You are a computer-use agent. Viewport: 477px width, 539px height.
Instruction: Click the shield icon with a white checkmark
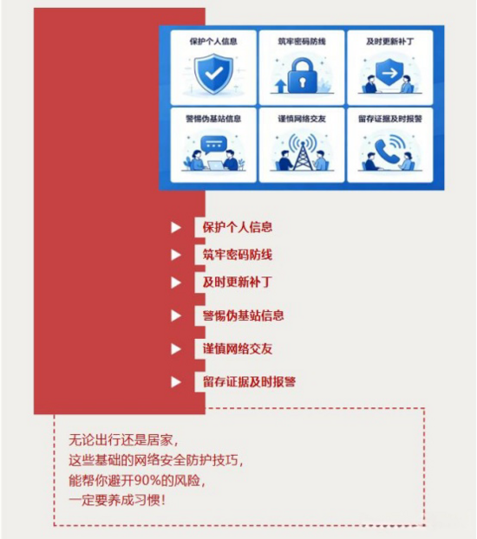click(x=213, y=74)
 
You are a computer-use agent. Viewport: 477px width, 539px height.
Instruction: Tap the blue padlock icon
click(x=302, y=75)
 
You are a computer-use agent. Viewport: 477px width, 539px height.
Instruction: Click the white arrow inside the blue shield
click(x=389, y=73)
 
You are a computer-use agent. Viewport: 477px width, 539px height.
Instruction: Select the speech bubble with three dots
click(x=213, y=145)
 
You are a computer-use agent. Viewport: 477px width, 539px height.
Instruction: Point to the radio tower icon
click(x=302, y=153)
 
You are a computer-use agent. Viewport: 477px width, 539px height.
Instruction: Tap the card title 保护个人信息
click(x=213, y=42)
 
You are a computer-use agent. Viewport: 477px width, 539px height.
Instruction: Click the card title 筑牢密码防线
click(x=302, y=42)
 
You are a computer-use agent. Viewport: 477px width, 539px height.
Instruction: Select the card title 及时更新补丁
click(x=390, y=42)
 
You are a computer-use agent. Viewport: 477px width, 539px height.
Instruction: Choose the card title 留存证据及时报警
click(x=390, y=119)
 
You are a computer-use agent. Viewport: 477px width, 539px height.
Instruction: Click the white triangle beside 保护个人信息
click(x=176, y=227)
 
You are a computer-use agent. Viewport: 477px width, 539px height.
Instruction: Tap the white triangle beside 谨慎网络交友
click(x=176, y=349)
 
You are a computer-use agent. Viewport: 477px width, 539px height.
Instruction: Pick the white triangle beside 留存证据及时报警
click(x=176, y=382)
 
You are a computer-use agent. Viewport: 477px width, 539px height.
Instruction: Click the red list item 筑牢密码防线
click(x=238, y=255)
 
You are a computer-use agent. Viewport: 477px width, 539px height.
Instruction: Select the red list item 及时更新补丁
click(x=238, y=282)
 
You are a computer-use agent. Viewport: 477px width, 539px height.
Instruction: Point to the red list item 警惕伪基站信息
click(x=244, y=315)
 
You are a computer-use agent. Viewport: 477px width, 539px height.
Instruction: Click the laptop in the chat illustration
click(x=215, y=166)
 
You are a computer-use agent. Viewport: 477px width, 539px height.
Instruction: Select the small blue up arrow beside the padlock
click(x=280, y=86)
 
